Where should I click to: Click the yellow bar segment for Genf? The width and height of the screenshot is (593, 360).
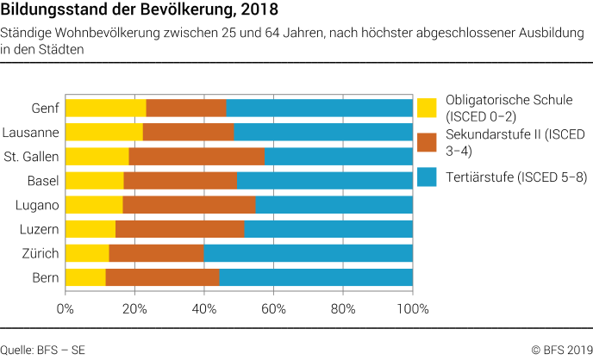coord(105,108)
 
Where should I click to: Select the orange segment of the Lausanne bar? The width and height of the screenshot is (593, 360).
coord(188,132)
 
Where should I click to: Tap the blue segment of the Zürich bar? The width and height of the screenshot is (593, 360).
coord(308,253)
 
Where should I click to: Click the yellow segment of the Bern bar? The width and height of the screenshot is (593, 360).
coord(84,277)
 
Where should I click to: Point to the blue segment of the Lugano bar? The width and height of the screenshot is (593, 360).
coord(334,205)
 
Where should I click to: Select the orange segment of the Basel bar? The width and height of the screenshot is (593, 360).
coord(180,180)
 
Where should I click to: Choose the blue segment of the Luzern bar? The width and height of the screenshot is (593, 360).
coord(328,229)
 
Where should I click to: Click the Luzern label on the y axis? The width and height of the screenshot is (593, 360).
coord(40,229)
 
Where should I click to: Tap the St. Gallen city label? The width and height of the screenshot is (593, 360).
coord(31,156)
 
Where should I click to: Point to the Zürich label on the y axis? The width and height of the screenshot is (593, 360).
coord(40,253)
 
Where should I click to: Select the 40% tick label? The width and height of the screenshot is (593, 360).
coord(204,307)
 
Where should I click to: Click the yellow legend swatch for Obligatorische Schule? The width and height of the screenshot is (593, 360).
coord(427,109)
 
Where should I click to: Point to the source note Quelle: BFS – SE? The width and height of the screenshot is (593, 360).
coord(43,350)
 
